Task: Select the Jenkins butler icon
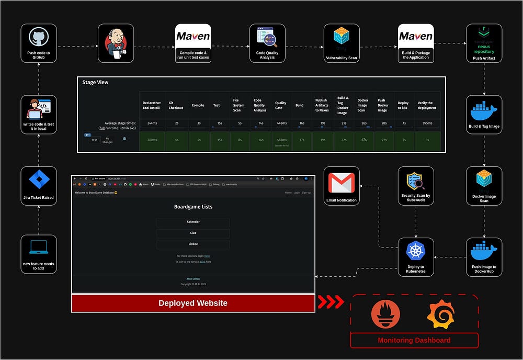click(116, 43)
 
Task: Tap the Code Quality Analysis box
click(267, 43)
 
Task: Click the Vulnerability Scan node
click(341, 43)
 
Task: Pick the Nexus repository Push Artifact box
click(484, 43)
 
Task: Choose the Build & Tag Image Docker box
click(484, 114)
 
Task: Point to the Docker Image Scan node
click(484, 185)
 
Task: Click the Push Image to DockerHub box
click(484, 255)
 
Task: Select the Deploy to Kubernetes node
click(416, 255)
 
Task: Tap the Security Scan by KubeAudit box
click(416, 185)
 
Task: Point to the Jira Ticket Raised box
click(39, 185)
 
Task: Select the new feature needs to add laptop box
click(39, 254)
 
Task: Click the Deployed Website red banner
click(193, 303)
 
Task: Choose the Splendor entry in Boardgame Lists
click(193, 222)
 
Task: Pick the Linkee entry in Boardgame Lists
click(193, 244)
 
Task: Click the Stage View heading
click(95, 83)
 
